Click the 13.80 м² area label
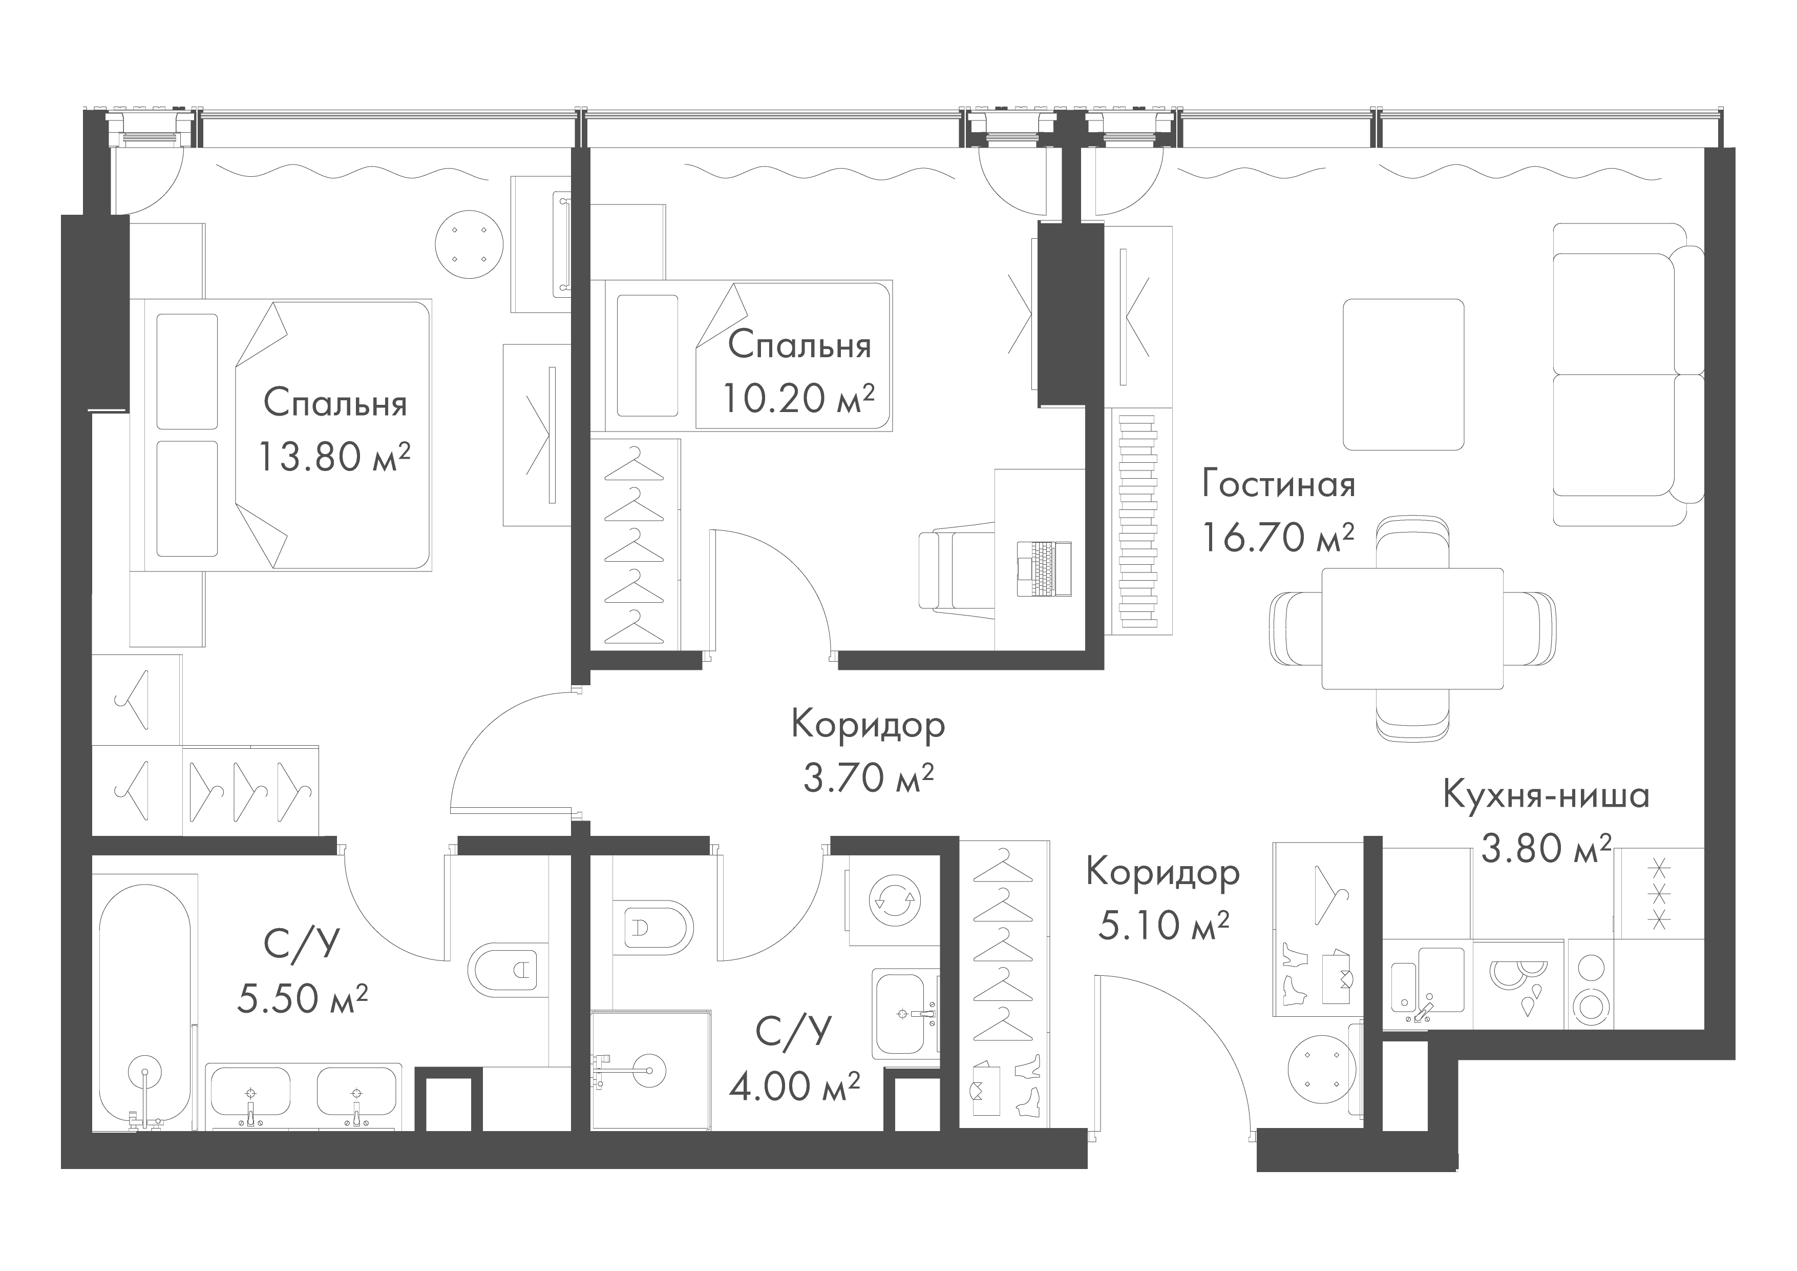(334, 457)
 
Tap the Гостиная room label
(1278, 485)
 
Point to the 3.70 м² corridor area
(869, 777)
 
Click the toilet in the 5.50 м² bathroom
(505, 971)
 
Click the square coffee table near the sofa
(1403, 374)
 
